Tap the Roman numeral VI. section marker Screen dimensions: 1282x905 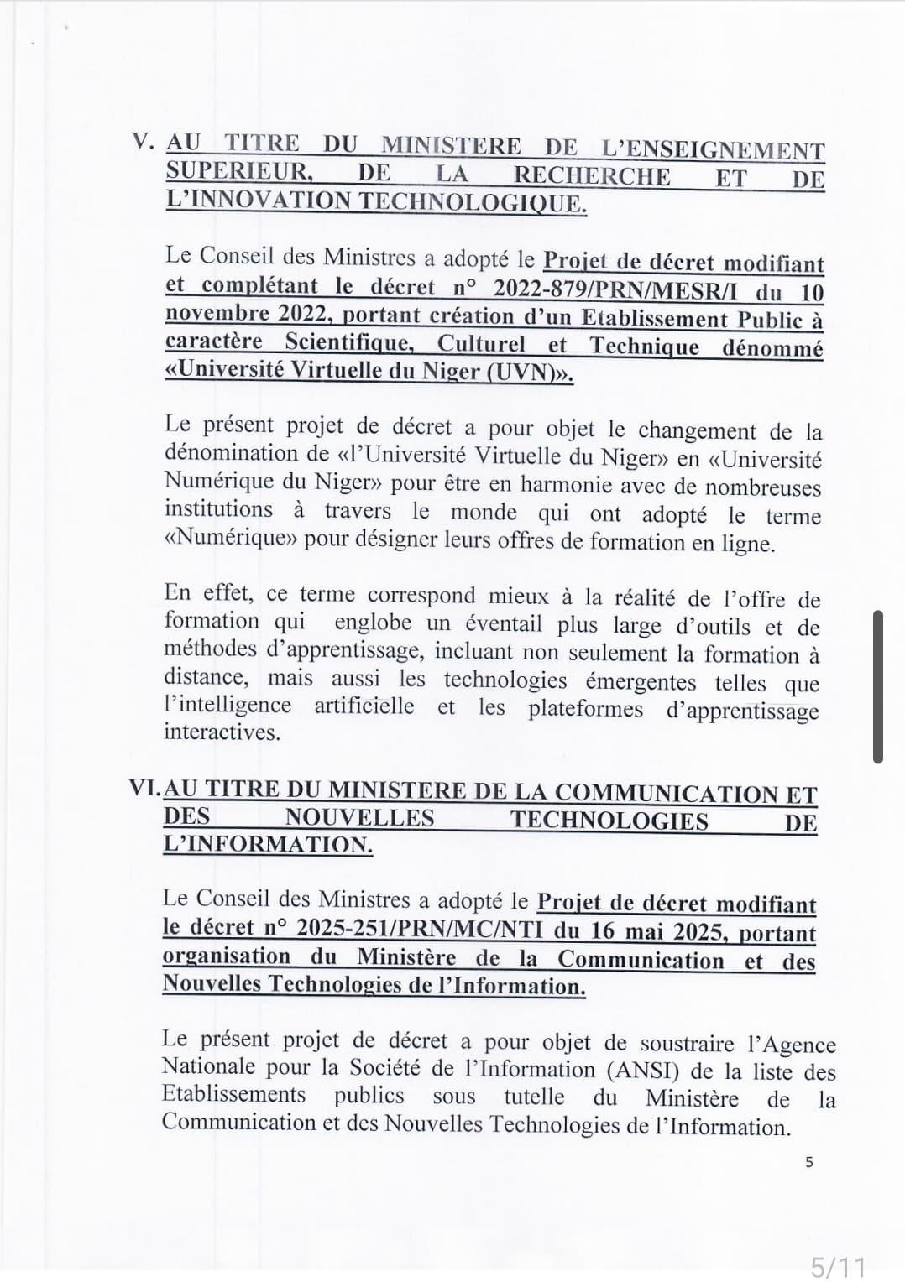pos(144,789)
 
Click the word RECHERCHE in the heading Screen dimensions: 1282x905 pos(592,176)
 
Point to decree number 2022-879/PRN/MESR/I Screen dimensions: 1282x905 pos(618,289)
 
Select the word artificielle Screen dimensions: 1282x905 pos(364,706)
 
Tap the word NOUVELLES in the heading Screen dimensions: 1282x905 pos(359,818)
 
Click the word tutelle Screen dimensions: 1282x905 pos(534,1097)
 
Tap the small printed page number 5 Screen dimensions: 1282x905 pos(808,1163)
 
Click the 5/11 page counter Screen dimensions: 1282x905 pos(838,1266)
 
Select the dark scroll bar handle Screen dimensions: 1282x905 pos(878,686)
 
